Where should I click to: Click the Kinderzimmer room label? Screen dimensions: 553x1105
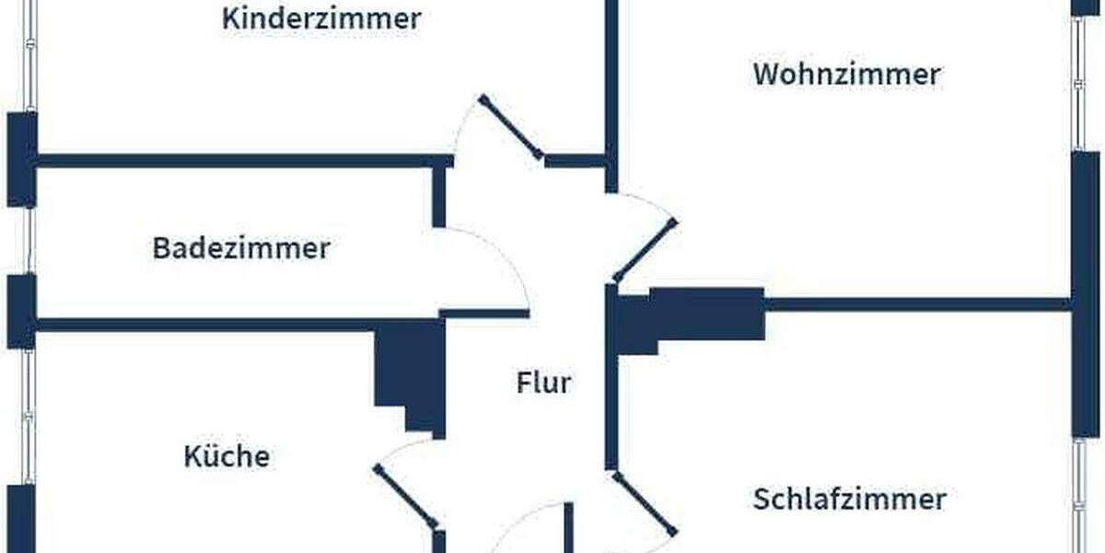pyautogui.click(x=321, y=18)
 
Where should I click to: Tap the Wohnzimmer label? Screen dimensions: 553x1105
pyautogui.click(x=846, y=74)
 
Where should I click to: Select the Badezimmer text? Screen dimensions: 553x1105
pyautogui.click(x=240, y=248)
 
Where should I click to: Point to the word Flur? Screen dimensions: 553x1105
pyautogui.click(x=543, y=382)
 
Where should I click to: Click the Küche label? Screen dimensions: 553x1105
pyautogui.click(x=227, y=456)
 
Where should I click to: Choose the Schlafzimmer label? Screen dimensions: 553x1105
pyautogui.click(x=849, y=500)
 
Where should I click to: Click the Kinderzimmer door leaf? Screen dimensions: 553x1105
pyautogui.click(x=511, y=127)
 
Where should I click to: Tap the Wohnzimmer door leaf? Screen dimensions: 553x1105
pyautogui.click(x=645, y=250)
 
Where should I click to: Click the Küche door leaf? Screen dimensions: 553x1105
pyautogui.click(x=405, y=497)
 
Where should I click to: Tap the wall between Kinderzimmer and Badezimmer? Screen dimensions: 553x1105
pyautogui.click(x=230, y=161)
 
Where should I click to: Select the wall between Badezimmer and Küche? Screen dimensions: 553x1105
pyautogui.click(x=203, y=324)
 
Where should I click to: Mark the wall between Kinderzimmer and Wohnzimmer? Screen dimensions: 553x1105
pyautogui.click(x=611, y=83)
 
